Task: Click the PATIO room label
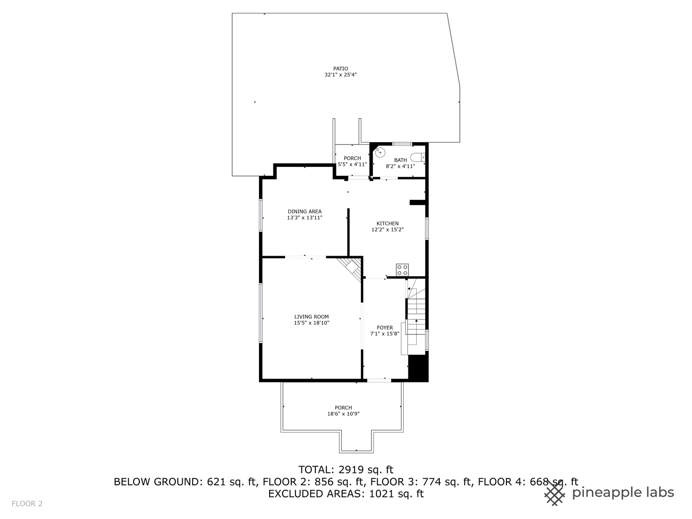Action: [x=340, y=69]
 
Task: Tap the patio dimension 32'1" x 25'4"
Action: [x=340, y=75]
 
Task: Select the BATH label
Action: [x=400, y=160]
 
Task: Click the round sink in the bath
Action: [x=380, y=152]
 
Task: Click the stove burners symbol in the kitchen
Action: [x=402, y=270]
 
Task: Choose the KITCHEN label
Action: [x=387, y=223]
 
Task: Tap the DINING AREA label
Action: [x=305, y=211]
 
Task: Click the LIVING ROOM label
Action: [x=311, y=317]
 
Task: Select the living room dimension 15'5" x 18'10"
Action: [x=311, y=323]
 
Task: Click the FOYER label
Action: [x=384, y=328]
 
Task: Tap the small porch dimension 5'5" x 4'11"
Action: [x=352, y=164]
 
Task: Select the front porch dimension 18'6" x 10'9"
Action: [x=343, y=414]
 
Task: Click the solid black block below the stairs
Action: [x=417, y=368]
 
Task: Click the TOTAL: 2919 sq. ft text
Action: [x=346, y=470]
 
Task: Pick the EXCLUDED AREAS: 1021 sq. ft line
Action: [x=346, y=494]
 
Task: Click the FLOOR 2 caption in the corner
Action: [x=27, y=504]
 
